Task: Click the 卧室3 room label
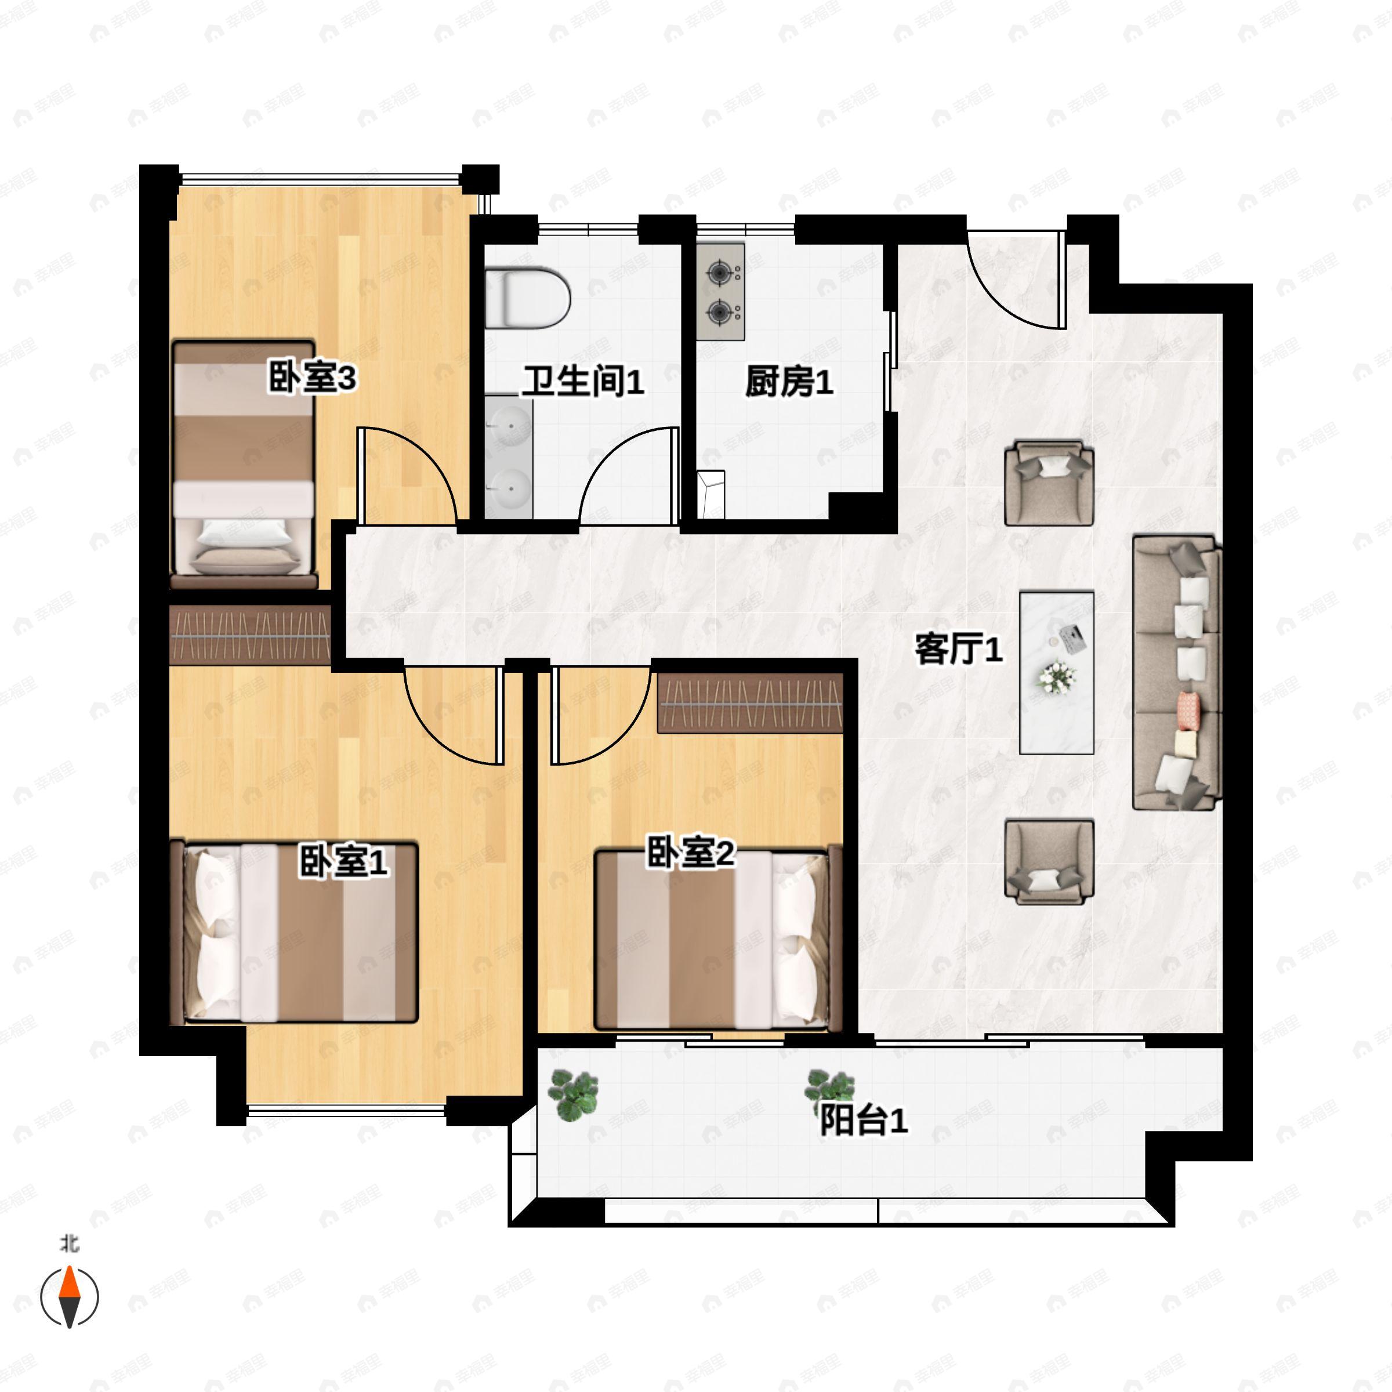coord(313,378)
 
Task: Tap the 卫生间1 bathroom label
coord(582,381)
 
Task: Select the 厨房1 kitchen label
coord(789,381)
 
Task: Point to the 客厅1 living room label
coord(958,649)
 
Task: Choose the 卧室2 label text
coord(690,853)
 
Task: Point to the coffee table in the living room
coord(1056,673)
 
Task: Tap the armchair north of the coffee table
coord(1049,483)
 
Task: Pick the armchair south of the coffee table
coord(1049,861)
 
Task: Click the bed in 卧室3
coord(244,465)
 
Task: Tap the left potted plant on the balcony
coord(574,1094)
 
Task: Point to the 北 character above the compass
coord(70,1244)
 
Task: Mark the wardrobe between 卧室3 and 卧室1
coord(250,634)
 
